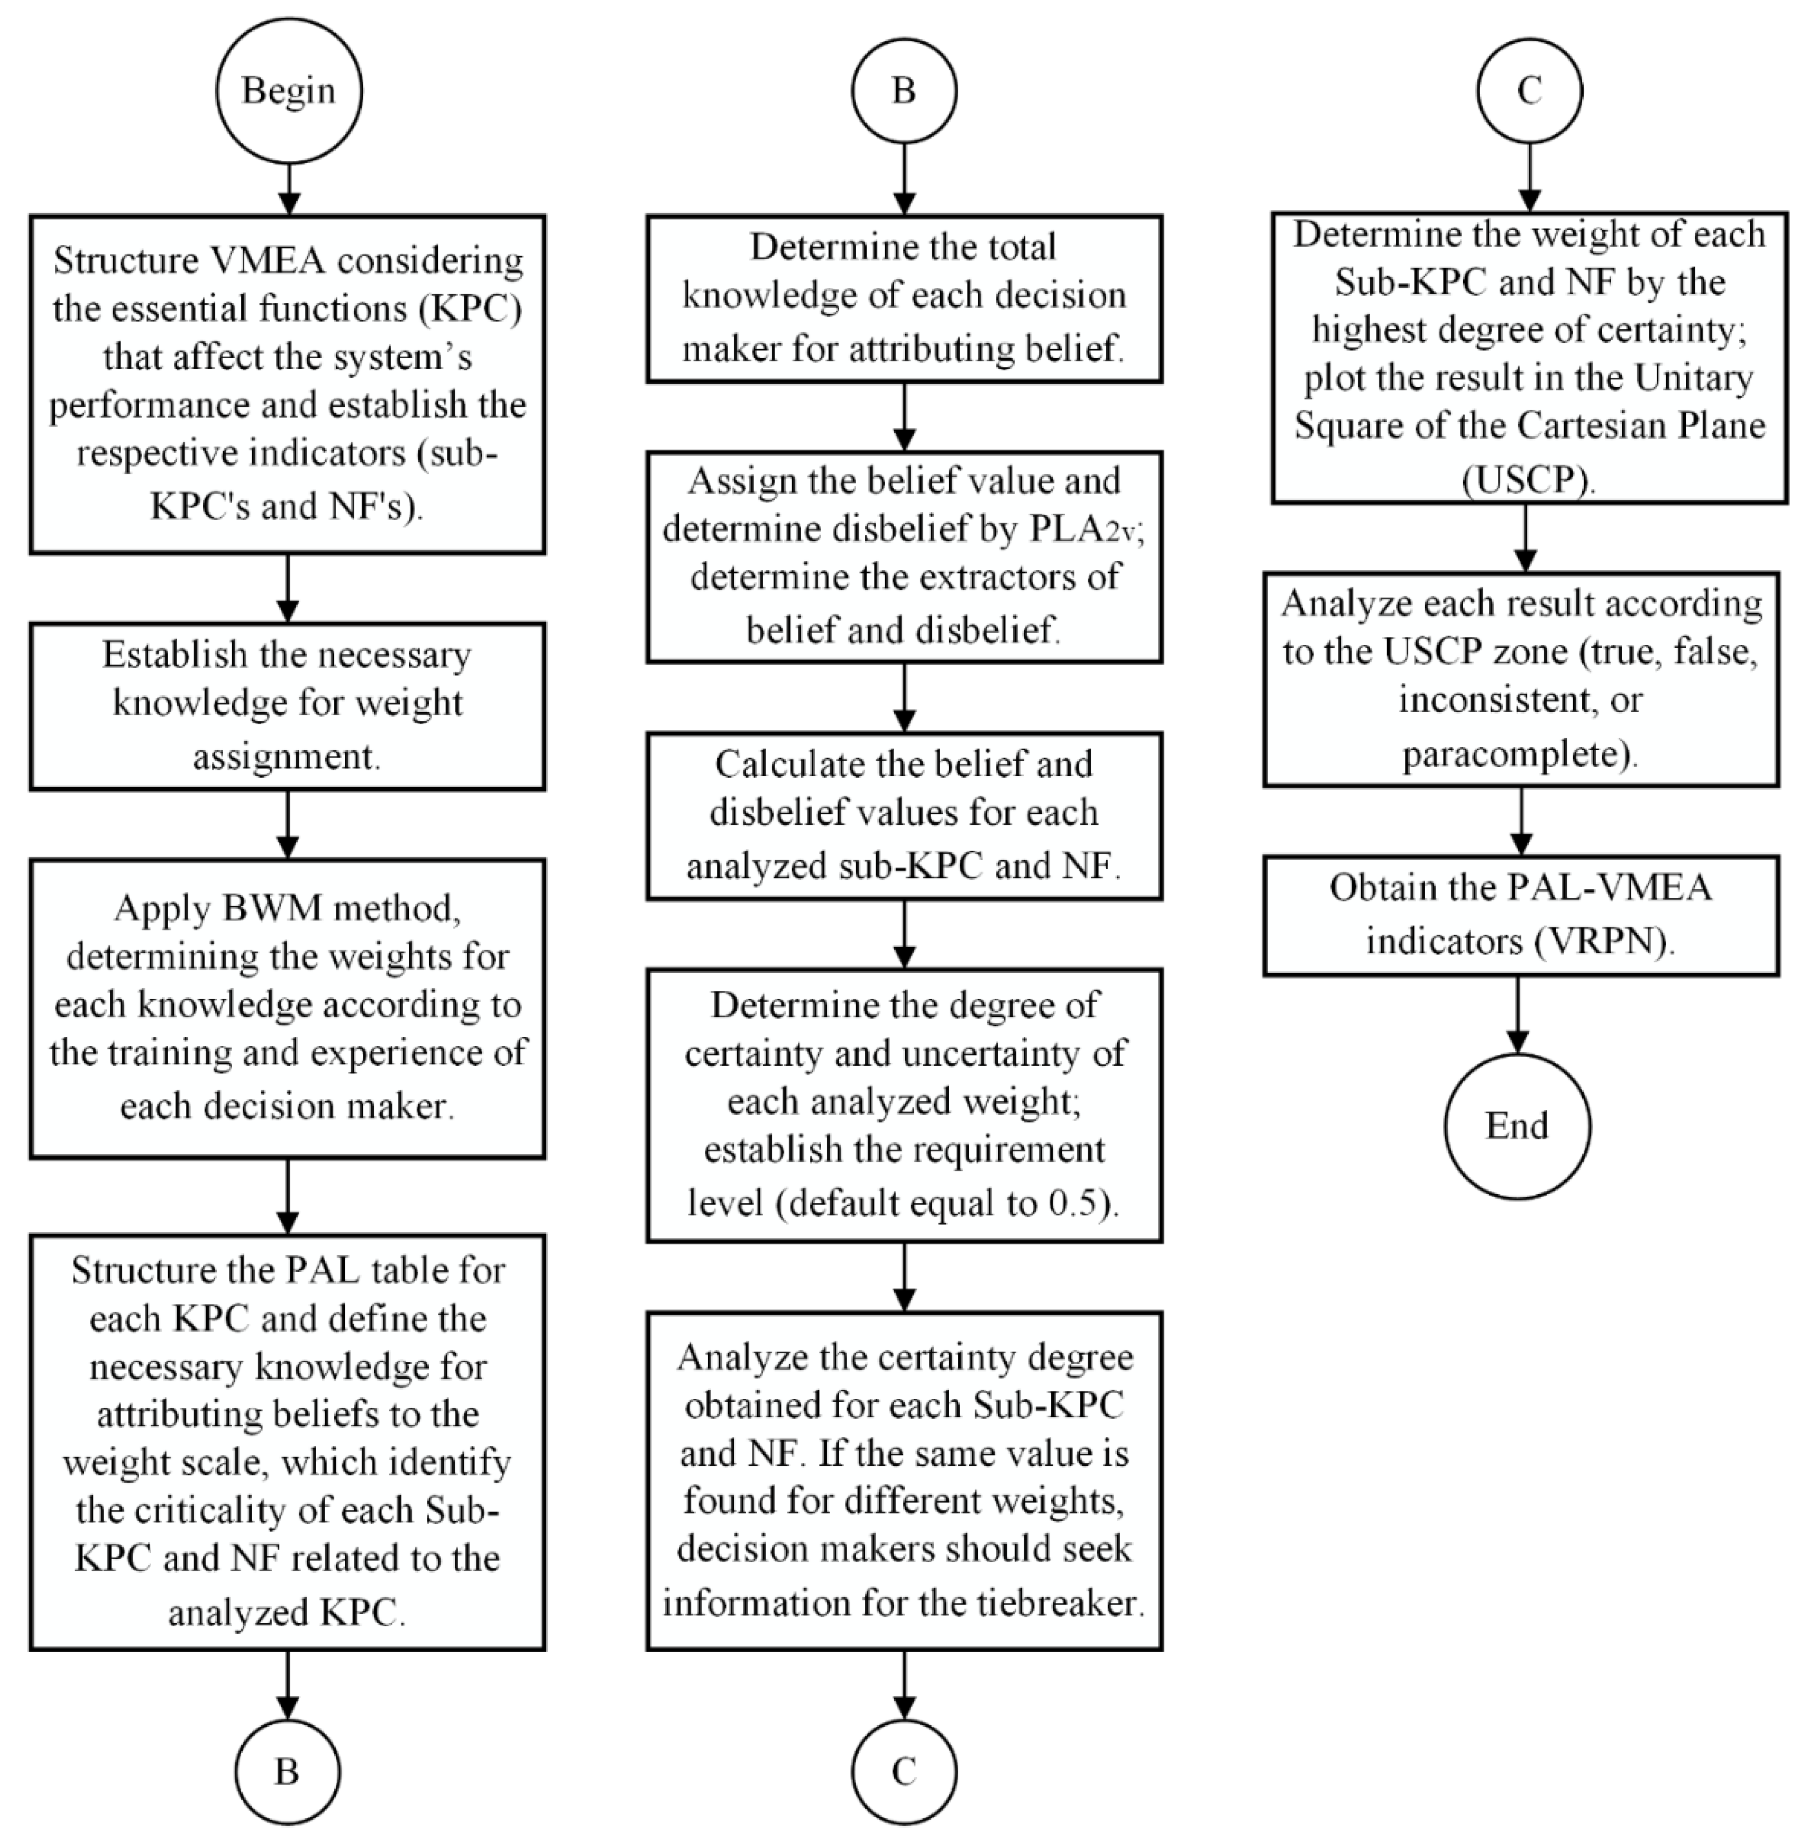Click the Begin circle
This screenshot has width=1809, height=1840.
(289, 91)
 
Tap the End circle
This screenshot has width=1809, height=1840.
(1517, 1126)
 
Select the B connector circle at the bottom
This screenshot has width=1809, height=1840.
(287, 1772)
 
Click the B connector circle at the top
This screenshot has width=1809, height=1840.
(904, 91)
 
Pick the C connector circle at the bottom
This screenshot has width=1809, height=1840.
(904, 1772)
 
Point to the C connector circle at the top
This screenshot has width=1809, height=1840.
(1529, 91)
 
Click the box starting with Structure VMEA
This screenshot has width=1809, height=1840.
(287, 384)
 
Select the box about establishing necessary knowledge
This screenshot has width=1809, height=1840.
(287, 706)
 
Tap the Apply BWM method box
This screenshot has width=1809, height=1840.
(287, 1008)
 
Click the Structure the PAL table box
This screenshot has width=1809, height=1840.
(287, 1442)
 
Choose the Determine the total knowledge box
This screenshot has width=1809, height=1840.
(904, 298)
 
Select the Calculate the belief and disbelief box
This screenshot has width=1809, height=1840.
(904, 815)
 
